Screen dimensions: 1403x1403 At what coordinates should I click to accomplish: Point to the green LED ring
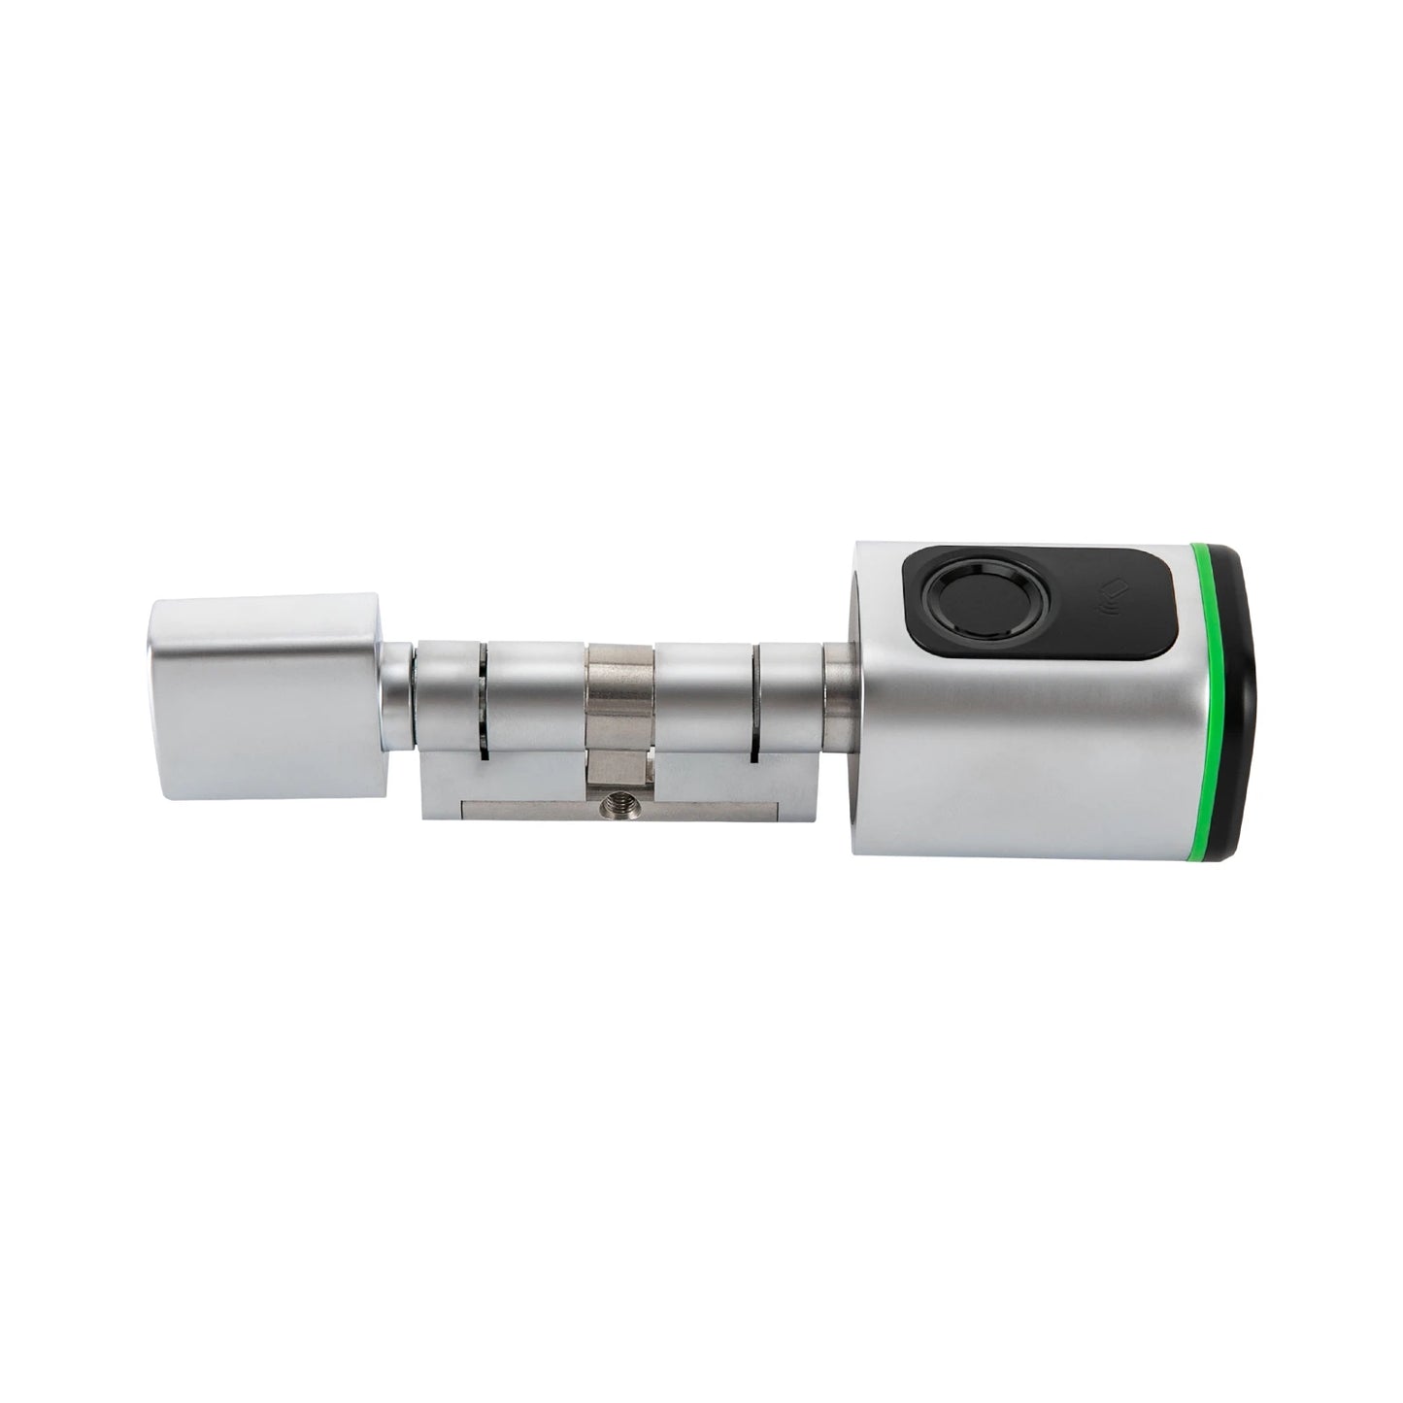[1211, 699]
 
